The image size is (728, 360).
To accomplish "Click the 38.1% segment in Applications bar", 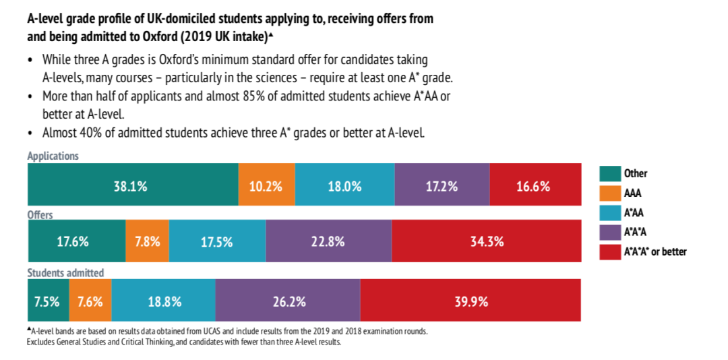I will (133, 184).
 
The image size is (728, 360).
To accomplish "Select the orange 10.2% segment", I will (266, 184).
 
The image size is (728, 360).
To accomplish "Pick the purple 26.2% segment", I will (288, 301).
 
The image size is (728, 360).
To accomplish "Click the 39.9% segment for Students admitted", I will (471, 301).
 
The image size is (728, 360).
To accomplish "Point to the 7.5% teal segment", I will (48, 301).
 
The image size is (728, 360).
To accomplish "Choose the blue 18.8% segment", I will (164, 301).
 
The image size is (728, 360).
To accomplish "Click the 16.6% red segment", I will (535, 184).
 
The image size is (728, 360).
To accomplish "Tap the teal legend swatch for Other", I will (609, 173).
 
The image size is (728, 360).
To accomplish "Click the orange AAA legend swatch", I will (609, 193).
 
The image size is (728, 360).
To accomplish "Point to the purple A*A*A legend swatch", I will (609, 233).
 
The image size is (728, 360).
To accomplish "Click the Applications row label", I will (53, 156).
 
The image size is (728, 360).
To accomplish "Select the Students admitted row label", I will (65, 273).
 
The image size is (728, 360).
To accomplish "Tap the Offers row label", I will (40, 215).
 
